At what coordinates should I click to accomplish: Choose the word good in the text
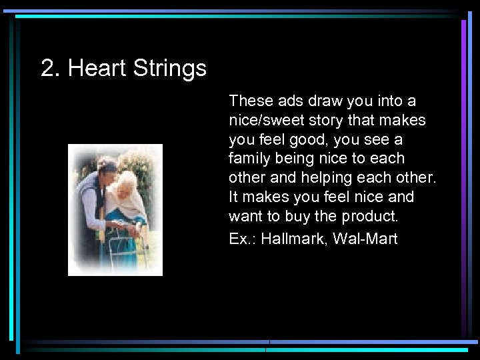315,141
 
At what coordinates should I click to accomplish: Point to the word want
245,217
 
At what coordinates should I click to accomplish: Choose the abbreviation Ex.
238,239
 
